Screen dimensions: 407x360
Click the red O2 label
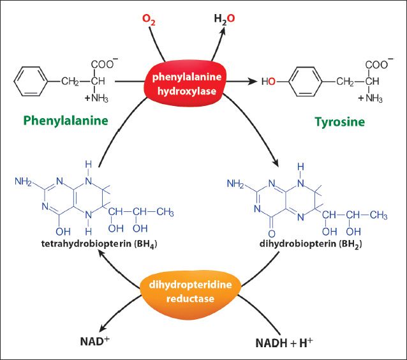(149, 20)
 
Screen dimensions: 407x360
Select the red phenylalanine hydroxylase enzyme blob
(186, 84)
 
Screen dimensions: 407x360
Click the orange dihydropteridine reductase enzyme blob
(191, 292)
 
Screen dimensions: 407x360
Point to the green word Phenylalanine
(66, 121)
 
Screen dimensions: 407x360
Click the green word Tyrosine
(340, 122)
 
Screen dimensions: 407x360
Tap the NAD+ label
(95, 341)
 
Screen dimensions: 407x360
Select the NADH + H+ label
(284, 343)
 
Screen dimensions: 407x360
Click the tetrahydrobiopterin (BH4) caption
(99, 244)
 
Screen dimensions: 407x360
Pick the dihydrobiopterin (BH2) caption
(311, 244)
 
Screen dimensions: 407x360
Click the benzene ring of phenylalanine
(31, 81)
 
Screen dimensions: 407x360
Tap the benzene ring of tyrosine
(306, 82)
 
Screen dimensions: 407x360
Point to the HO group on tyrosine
(269, 82)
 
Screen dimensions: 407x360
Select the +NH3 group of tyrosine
(371, 98)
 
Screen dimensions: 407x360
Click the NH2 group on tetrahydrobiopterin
(23, 181)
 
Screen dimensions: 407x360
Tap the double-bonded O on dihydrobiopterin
(272, 234)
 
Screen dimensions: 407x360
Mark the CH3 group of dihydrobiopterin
(379, 215)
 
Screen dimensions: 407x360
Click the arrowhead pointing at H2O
(222, 31)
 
